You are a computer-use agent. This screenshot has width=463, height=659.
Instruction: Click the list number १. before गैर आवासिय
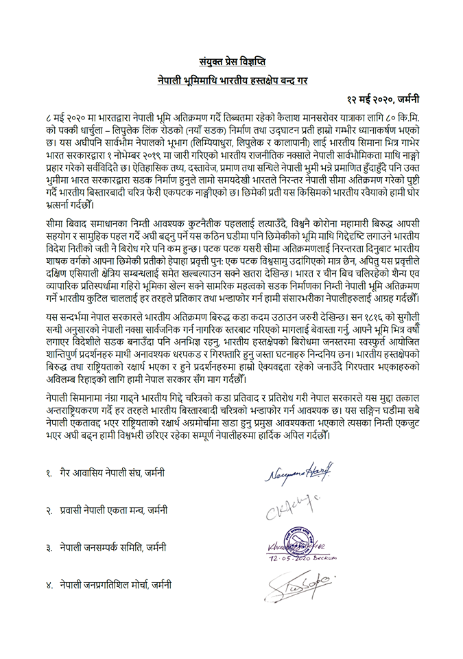pyautogui.click(x=49, y=473)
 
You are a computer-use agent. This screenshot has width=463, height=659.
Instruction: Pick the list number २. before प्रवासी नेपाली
pyautogui.click(x=49, y=510)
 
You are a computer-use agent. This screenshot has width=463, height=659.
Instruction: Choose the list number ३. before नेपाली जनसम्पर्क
pyautogui.click(x=49, y=548)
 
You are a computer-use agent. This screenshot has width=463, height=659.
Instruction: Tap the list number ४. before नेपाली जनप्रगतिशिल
pyautogui.click(x=49, y=585)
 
